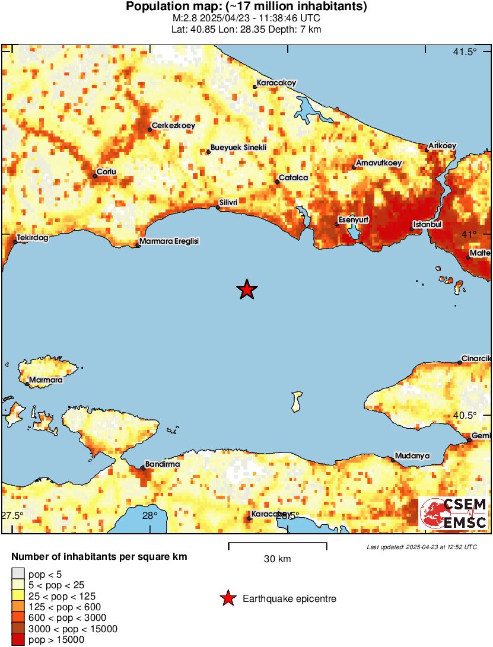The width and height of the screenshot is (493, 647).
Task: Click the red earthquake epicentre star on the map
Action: pos(247,289)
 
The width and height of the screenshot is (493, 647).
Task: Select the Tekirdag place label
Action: pos(32,237)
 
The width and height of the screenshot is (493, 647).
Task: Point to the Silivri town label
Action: pos(228,203)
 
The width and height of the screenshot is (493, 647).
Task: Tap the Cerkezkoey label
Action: pos(173,126)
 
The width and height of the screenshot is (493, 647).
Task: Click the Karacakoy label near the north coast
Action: pos(276,83)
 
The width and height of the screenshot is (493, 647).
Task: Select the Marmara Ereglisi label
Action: pos(168,242)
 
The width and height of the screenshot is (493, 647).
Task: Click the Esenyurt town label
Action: pos(354,220)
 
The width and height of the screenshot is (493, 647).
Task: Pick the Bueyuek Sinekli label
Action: pos(238,148)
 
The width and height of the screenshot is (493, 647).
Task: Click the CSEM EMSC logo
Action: pos(453,514)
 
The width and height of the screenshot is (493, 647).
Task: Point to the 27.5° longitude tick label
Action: pos(12,515)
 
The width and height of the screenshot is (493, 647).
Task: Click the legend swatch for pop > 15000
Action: pos(18,639)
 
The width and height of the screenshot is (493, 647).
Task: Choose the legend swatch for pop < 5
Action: pos(18,574)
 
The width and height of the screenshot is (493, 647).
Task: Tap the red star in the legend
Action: pos(228,599)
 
